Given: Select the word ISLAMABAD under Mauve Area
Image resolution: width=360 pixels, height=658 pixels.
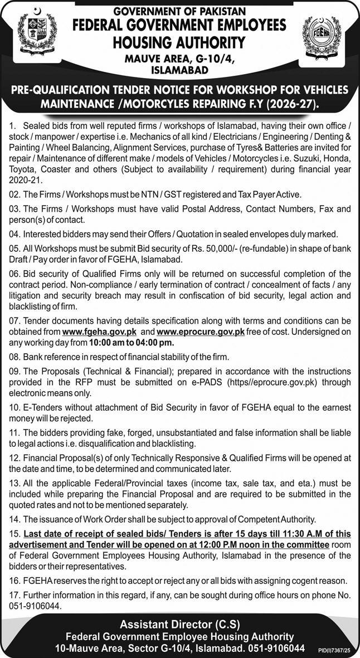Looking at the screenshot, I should [179, 70].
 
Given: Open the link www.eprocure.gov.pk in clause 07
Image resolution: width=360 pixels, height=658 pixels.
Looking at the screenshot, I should [201, 332].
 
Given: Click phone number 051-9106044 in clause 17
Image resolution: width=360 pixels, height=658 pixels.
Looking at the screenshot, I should [34, 605].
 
